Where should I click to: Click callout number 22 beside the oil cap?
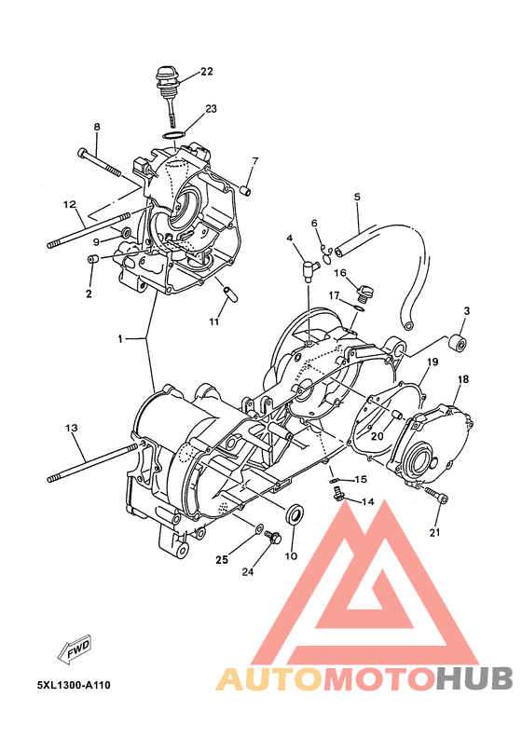pyautogui.click(x=207, y=72)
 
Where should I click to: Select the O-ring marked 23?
pyautogui.click(x=173, y=135)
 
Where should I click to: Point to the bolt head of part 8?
pyautogui.click(x=81, y=153)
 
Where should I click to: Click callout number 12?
pyautogui.click(x=69, y=205)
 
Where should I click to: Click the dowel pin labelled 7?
pyautogui.click(x=245, y=190)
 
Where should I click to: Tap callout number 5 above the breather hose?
pyautogui.click(x=357, y=197)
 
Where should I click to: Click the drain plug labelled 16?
pyautogui.click(x=365, y=292)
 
